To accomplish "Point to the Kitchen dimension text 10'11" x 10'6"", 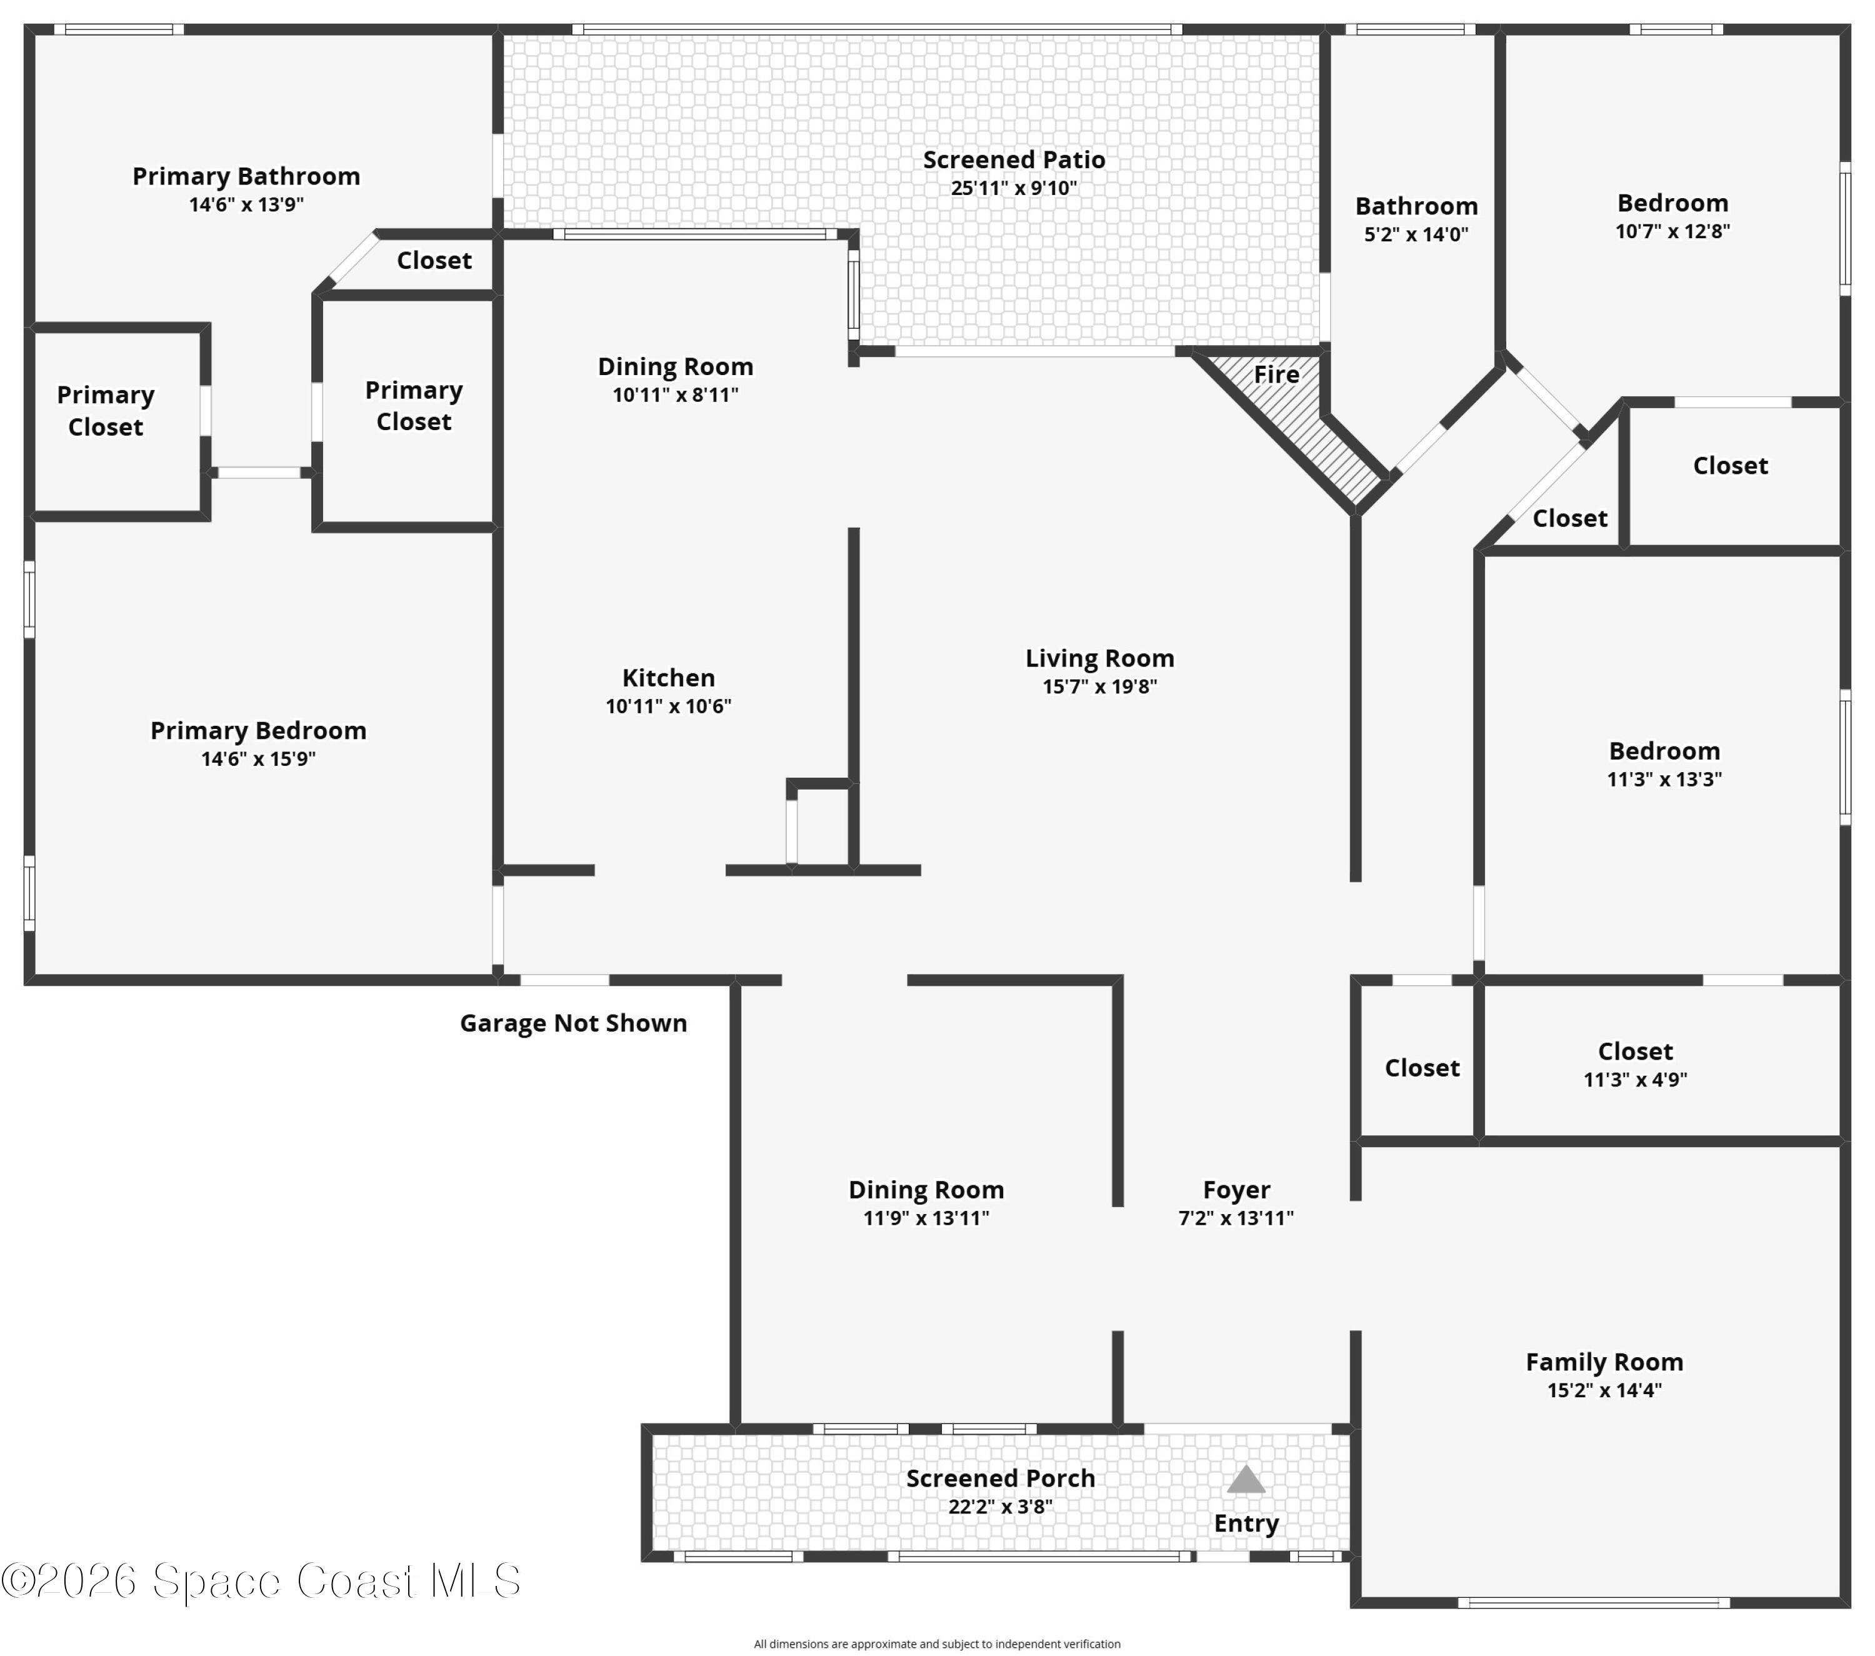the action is (x=669, y=706).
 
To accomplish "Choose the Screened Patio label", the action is (x=1014, y=159).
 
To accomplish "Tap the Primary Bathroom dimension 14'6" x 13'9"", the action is (x=246, y=204).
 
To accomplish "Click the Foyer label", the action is (x=1236, y=1190).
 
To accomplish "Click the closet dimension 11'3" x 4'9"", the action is (x=1636, y=1080).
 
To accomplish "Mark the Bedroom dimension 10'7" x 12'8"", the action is (x=1672, y=231).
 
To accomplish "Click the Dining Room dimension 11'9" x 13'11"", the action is (x=926, y=1218).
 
